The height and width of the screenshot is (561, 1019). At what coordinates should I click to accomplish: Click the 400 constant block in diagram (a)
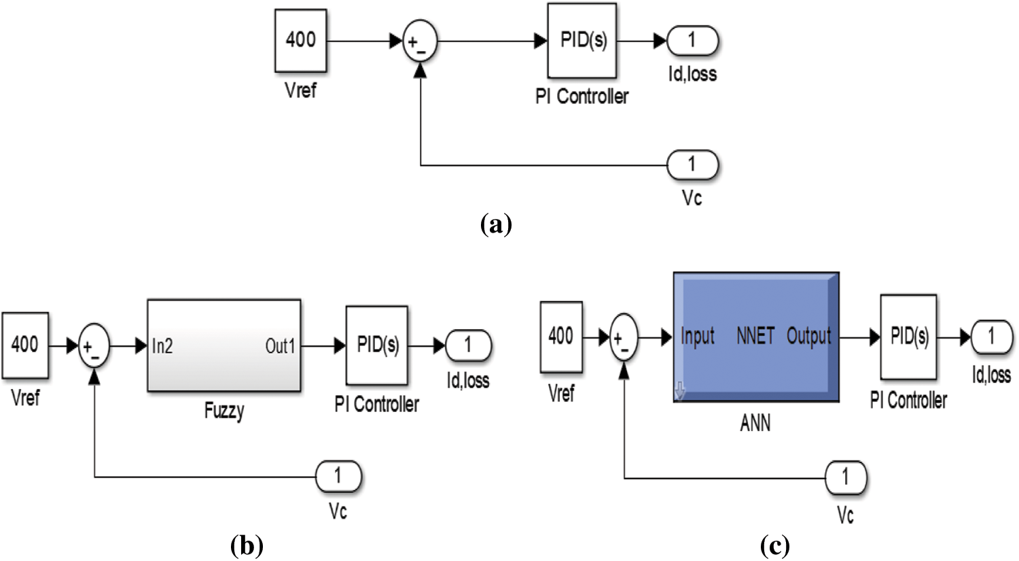[300, 41]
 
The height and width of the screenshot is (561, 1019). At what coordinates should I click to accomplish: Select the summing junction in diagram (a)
[421, 42]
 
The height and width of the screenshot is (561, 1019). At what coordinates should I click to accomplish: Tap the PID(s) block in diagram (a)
[582, 41]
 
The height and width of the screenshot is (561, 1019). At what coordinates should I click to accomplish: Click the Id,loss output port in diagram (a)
[692, 41]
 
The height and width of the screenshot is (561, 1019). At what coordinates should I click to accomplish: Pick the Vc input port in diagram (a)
[692, 165]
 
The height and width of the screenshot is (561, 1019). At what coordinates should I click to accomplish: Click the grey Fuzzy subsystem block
[224, 345]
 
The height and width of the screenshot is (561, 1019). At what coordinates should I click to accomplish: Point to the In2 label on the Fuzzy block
[162, 346]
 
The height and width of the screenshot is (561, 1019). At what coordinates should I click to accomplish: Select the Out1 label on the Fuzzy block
[280, 346]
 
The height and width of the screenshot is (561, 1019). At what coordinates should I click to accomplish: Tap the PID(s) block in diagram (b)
[377, 345]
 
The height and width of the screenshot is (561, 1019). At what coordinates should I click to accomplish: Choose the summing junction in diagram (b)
[94, 347]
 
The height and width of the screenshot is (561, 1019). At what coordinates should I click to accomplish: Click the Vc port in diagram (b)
[338, 477]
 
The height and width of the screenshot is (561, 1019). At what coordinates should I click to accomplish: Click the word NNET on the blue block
[755, 336]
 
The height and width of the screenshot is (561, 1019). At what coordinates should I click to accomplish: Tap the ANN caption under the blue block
[755, 424]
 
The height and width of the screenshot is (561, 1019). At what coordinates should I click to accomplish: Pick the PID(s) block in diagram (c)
[908, 337]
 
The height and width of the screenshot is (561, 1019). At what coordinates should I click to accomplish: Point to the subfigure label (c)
[774, 545]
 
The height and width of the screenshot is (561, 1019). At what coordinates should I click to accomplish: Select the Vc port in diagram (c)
[846, 478]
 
